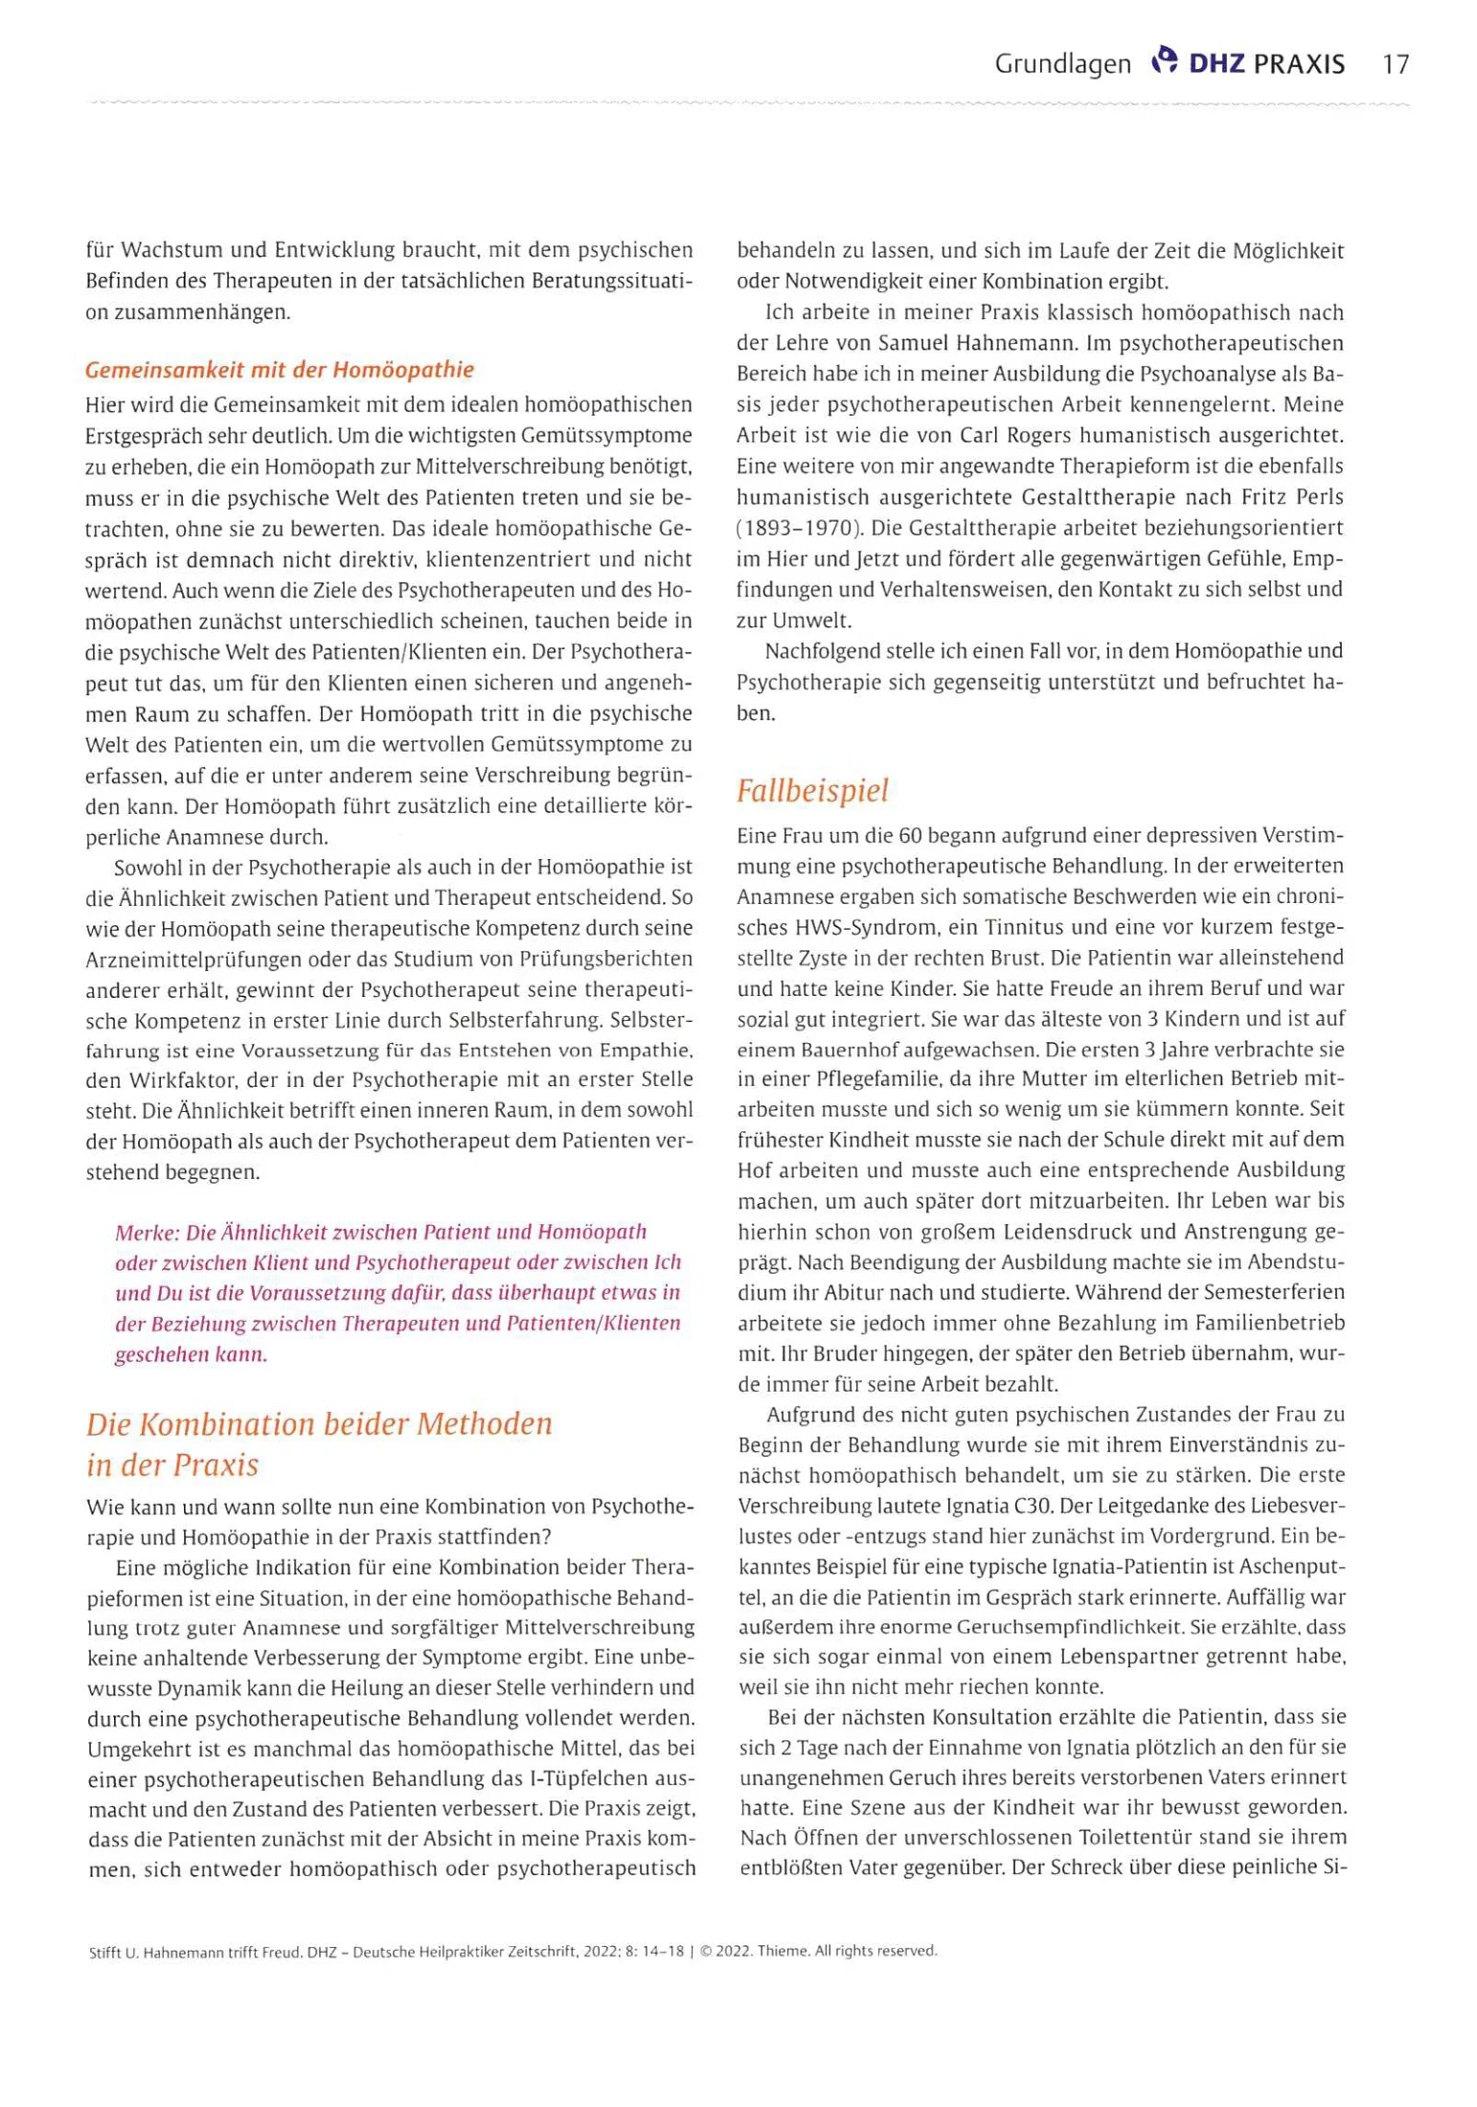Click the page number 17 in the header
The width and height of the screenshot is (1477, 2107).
(x=1396, y=64)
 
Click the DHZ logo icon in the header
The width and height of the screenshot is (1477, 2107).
(x=1163, y=60)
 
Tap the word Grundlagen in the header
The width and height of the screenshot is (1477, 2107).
(x=1062, y=64)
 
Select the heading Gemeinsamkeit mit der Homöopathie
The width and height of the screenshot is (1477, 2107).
(x=280, y=370)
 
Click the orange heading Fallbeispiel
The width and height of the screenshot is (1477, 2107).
(x=812, y=790)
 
